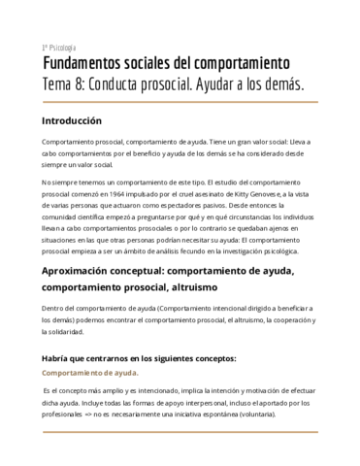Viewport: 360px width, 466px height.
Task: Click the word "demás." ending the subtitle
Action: pyautogui.click(x=284, y=86)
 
